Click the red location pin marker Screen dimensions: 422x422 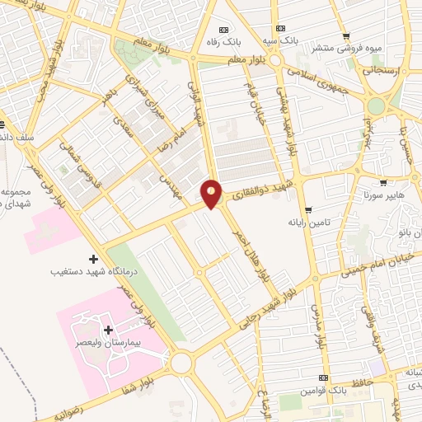pos(212,194)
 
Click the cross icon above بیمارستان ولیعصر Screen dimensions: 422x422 pos(108,330)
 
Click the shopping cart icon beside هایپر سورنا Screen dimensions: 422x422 pos(383,184)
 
